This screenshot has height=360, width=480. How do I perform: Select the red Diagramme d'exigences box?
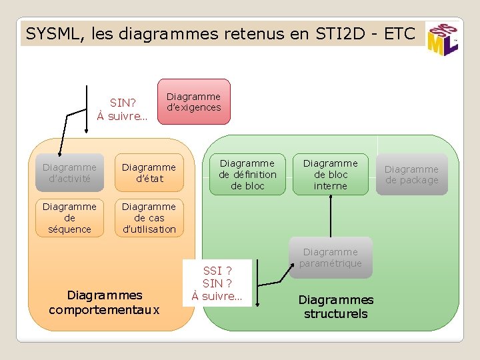pyautogui.click(x=193, y=101)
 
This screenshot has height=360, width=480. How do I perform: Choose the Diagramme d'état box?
pyautogui.click(x=149, y=173)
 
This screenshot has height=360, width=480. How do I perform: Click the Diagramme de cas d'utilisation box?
pyautogui.click(x=149, y=218)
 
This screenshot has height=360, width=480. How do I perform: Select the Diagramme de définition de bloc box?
pyautogui.click(x=247, y=174)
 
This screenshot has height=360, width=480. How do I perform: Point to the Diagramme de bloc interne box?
pyautogui.click(x=331, y=174)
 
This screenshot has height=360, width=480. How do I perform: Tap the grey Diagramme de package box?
pyautogui.click(x=411, y=175)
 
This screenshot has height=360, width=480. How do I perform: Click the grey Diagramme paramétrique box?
pyautogui.click(x=331, y=257)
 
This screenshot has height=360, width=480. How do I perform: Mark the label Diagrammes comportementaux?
pyautogui.click(x=105, y=302)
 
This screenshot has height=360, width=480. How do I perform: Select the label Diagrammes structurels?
pyautogui.click(x=336, y=307)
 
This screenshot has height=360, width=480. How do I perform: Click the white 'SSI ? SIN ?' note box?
pyautogui.click(x=217, y=283)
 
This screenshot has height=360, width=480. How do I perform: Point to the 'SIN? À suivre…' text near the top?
pyautogui.click(x=123, y=109)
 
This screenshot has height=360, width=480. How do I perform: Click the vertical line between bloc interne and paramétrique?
pyautogui.click(x=331, y=216)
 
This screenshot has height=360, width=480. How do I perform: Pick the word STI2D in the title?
pyautogui.click(x=332, y=33)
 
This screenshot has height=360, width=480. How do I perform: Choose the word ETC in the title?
pyautogui.click(x=400, y=33)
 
